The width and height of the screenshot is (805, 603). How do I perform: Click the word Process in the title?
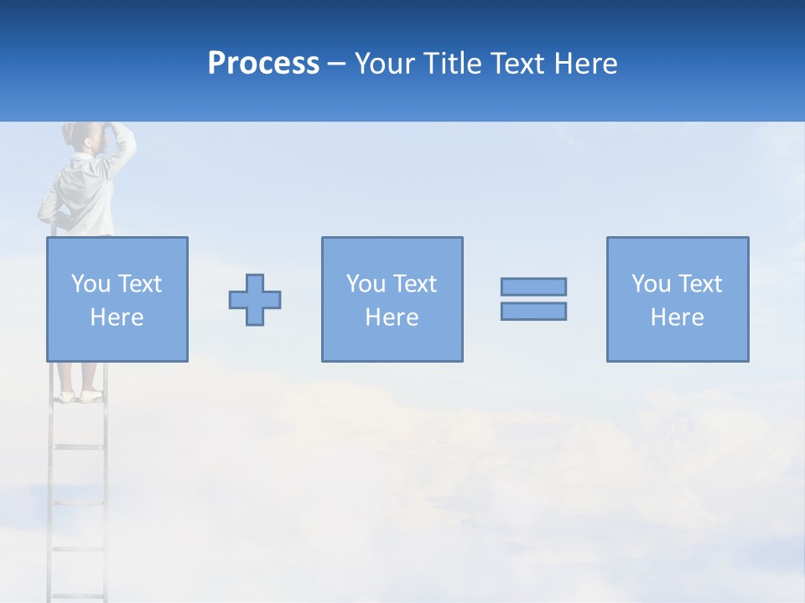coord(263,64)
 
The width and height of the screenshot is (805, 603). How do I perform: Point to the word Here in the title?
coord(585,64)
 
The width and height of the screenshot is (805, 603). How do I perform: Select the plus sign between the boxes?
coord(255,300)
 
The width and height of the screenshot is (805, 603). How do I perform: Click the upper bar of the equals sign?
coord(533,286)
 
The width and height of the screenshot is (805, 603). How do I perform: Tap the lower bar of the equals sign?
coord(533,311)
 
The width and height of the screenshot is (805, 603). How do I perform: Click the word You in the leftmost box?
coord(91,284)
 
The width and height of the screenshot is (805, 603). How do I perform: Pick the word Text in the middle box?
coord(414,284)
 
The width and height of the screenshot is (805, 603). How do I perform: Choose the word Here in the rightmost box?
coord(677,317)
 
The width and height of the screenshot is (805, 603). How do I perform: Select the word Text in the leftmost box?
coord(139,284)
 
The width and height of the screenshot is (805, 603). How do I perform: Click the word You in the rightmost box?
coord(651,284)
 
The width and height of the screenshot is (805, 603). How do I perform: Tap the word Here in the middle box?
coord(392,317)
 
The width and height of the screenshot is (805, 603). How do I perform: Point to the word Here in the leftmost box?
coord(117,317)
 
